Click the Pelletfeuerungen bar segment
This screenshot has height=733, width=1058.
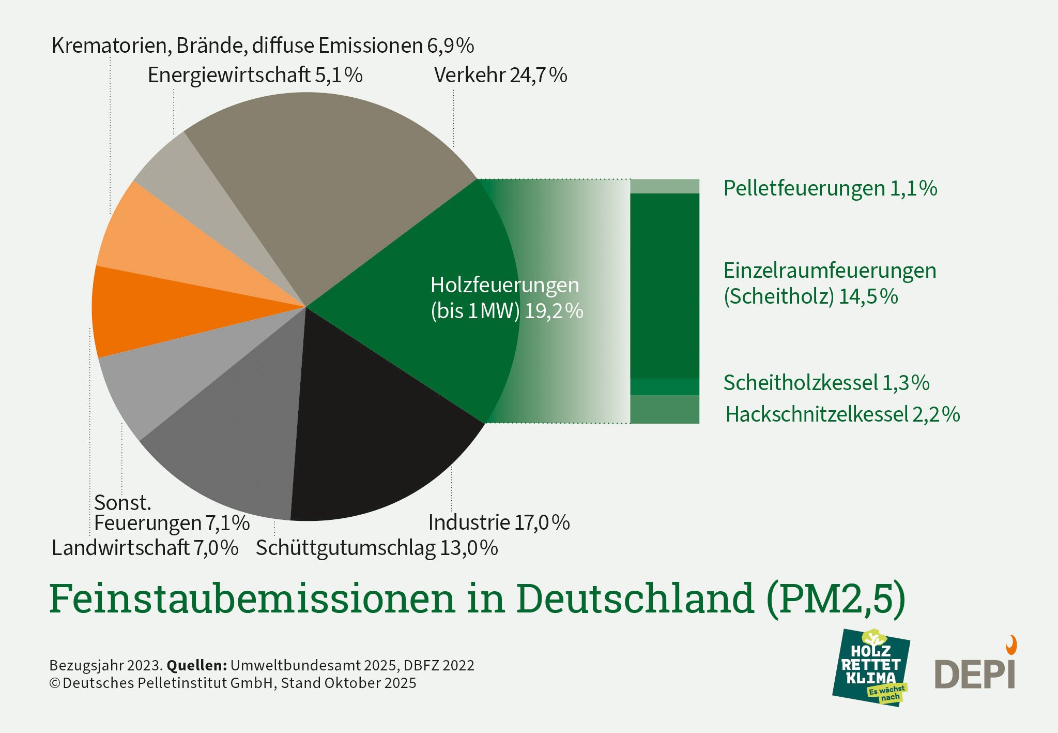[665, 186]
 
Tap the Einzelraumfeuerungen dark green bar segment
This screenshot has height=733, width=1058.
[665, 285]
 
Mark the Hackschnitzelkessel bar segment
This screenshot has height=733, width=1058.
[665, 409]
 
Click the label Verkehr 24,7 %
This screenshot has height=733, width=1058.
[500, 76]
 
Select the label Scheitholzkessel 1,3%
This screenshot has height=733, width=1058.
[826, 383]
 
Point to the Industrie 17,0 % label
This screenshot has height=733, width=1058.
[499, 522]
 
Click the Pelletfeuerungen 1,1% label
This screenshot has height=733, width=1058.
[830, 188]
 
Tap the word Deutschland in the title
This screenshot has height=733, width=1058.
[635, 599]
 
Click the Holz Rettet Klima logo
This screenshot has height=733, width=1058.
[871, 667]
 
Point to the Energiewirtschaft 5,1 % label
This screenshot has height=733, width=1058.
[255, 76]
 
